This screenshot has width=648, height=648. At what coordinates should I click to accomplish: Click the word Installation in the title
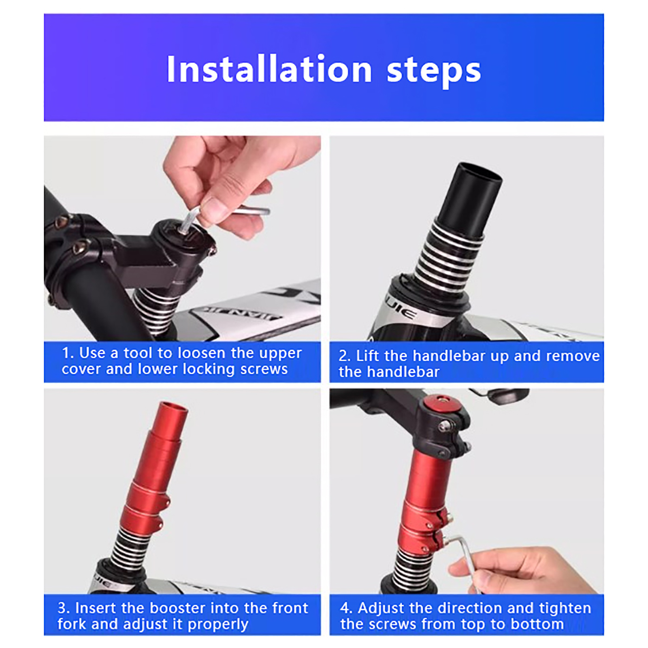click(x=269, y=69)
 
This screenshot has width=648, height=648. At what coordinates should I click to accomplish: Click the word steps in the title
click(x=434, y=71)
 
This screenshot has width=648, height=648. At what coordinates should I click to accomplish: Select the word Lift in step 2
click(x=369, y=356)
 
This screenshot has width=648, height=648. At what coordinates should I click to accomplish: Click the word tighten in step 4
click(x=565, y=608)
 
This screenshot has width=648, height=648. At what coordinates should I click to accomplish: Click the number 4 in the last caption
click(x=345, y=608)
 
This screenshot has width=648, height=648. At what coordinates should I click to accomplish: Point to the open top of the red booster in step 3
click(x=174, y=407)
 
